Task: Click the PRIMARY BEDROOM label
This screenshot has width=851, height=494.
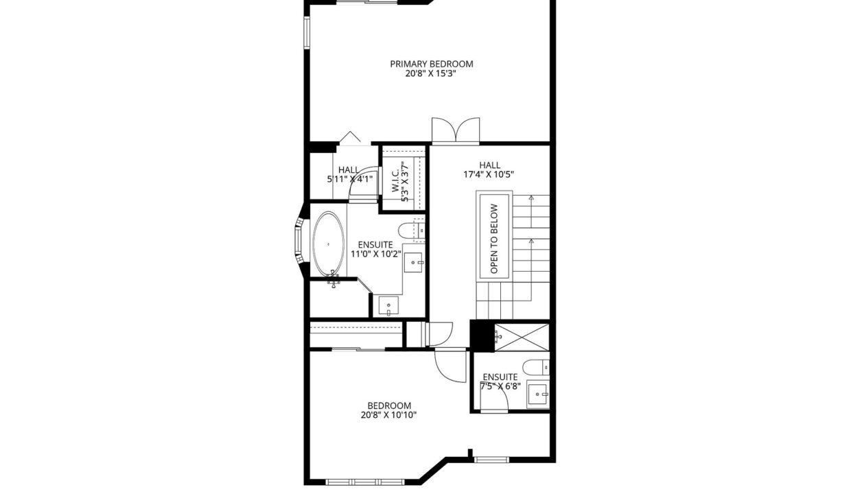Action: (432, 64)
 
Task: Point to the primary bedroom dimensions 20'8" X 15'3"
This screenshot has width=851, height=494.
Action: (430, 73)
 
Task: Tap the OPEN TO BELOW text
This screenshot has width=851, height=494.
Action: (494, 239)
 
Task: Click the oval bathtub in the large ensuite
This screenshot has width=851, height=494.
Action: (328, 244)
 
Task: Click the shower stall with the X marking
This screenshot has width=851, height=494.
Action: (522, 337)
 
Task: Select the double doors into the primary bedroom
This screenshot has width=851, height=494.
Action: (456, 130)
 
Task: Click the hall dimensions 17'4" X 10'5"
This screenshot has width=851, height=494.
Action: (489, 175)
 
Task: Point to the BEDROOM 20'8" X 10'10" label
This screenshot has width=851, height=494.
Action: (389, 410)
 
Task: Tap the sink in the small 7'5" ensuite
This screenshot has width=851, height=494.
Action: (537, 395)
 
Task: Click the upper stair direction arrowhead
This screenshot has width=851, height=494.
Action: (531, 198)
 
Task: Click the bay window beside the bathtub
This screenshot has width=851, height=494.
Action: (299, 241)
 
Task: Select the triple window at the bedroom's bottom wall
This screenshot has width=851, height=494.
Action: (364, 482)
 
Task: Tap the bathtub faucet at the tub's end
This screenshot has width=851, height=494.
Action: (333, 279)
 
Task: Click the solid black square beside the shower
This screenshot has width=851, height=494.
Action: (482, 336)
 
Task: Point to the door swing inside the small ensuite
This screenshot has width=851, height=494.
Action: (495, 399)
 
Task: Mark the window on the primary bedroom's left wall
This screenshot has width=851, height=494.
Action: (307, 32)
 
